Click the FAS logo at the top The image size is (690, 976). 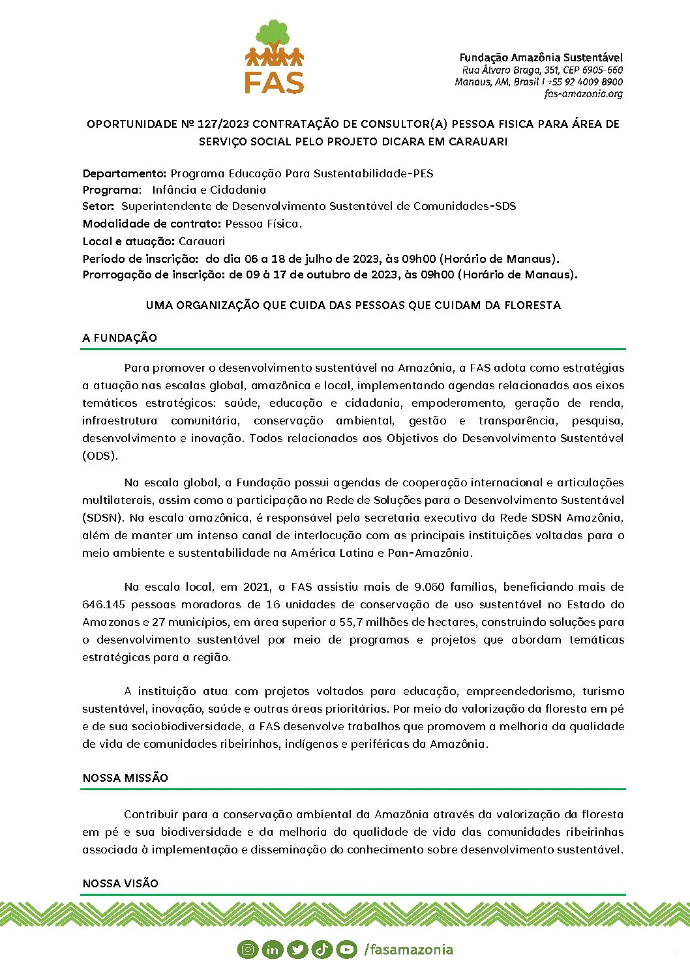[275, 57]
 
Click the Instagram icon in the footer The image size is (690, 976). [248, 949]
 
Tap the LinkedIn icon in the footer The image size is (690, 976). [272, 950]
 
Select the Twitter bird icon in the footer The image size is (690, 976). [297, 950]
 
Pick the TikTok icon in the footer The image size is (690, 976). [322, 950]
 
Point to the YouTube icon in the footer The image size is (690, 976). [346, 950]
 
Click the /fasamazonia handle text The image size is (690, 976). [408, 950]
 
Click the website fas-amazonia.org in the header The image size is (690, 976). [583, 94]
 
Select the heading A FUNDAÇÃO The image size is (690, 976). [120, 338]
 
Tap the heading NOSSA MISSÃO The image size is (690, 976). [125, 778]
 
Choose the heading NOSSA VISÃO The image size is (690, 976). [121, 883]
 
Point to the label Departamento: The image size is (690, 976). [125, 173]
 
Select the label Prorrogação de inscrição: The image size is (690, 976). [153, 274]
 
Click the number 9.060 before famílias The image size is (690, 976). [429, 587]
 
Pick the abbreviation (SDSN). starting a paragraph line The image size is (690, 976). [103, 518]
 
